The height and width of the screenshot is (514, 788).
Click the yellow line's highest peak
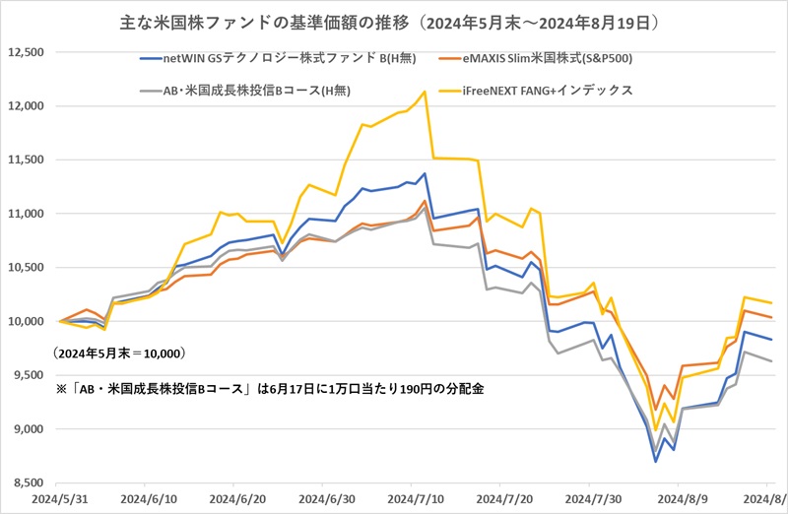click(425, 92)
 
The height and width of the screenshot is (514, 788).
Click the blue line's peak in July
click(425, 174)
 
